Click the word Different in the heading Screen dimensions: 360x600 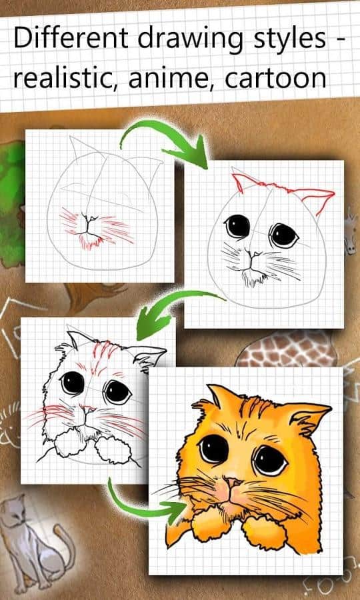pos(71,38)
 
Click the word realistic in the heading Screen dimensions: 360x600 pos(65,79)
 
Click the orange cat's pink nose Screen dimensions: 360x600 pos(232,483)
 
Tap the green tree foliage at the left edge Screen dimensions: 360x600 pos(11,203)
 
